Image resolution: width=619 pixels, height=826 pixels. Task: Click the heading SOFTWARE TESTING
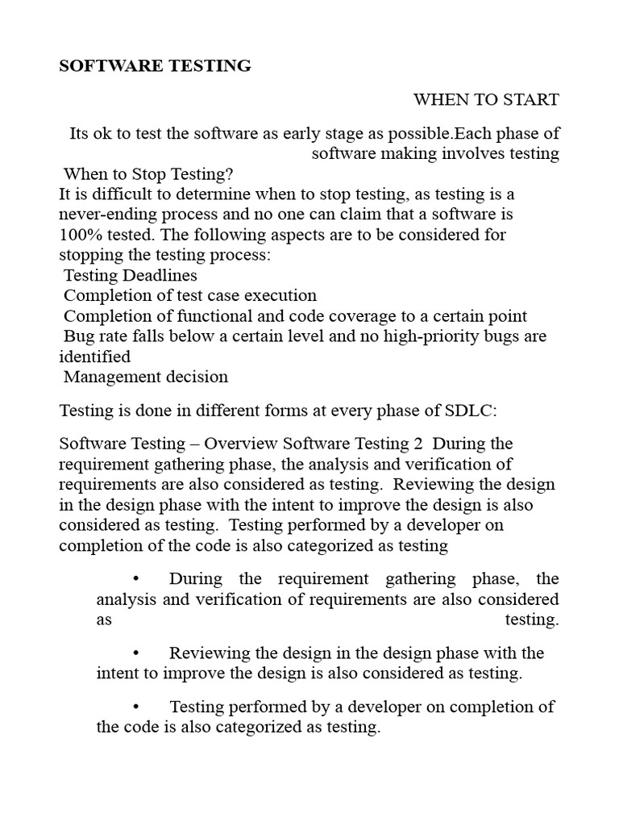[x=155, y=66]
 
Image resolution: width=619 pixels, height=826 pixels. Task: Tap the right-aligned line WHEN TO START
[x=486, y=99]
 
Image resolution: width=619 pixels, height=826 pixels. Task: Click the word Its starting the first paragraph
[x=81, y=133]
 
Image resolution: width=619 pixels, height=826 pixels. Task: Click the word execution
[x=280, y=295]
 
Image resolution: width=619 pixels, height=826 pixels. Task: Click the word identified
[x=94, y=356]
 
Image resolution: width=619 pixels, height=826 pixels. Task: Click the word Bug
[x=80, y=336]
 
